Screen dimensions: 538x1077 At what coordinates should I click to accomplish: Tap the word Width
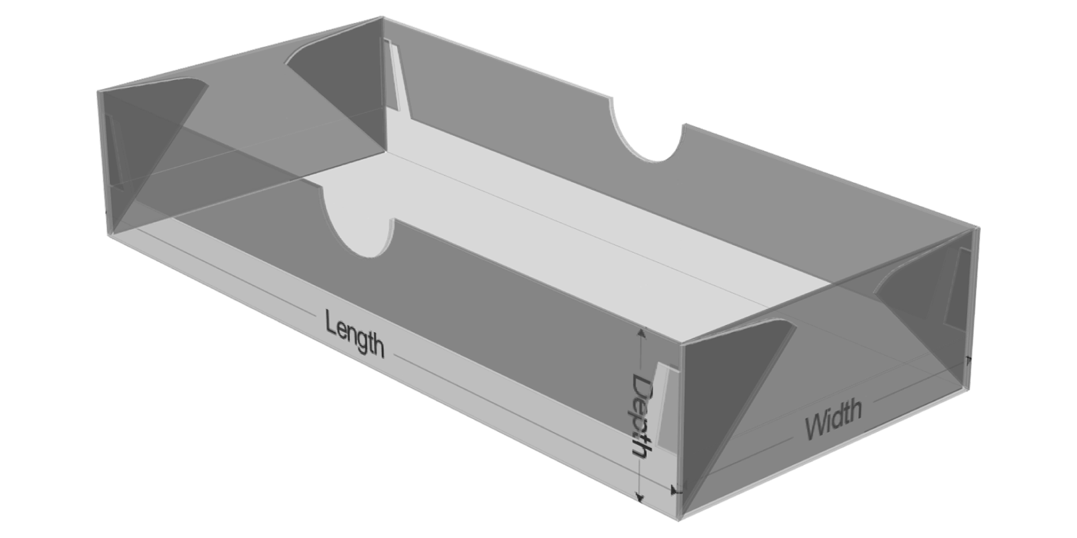(x=833, y=418)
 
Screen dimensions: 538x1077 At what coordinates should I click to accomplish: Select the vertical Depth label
(x=643, y=415)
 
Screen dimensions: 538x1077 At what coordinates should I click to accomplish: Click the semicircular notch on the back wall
(x=648, y=138)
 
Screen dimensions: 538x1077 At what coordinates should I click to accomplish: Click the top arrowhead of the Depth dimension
(x=640, y=330)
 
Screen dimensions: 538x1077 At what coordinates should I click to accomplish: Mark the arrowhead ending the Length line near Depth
(x=675, y=489)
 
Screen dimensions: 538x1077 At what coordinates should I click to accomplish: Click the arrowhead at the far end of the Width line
(x=968, y=359)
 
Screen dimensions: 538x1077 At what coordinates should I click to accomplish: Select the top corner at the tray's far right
(x=978, y=228)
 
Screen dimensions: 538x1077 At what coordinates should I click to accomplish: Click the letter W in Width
(x=815, y=427)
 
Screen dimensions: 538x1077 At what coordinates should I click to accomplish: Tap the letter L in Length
(x=331, y=324)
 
